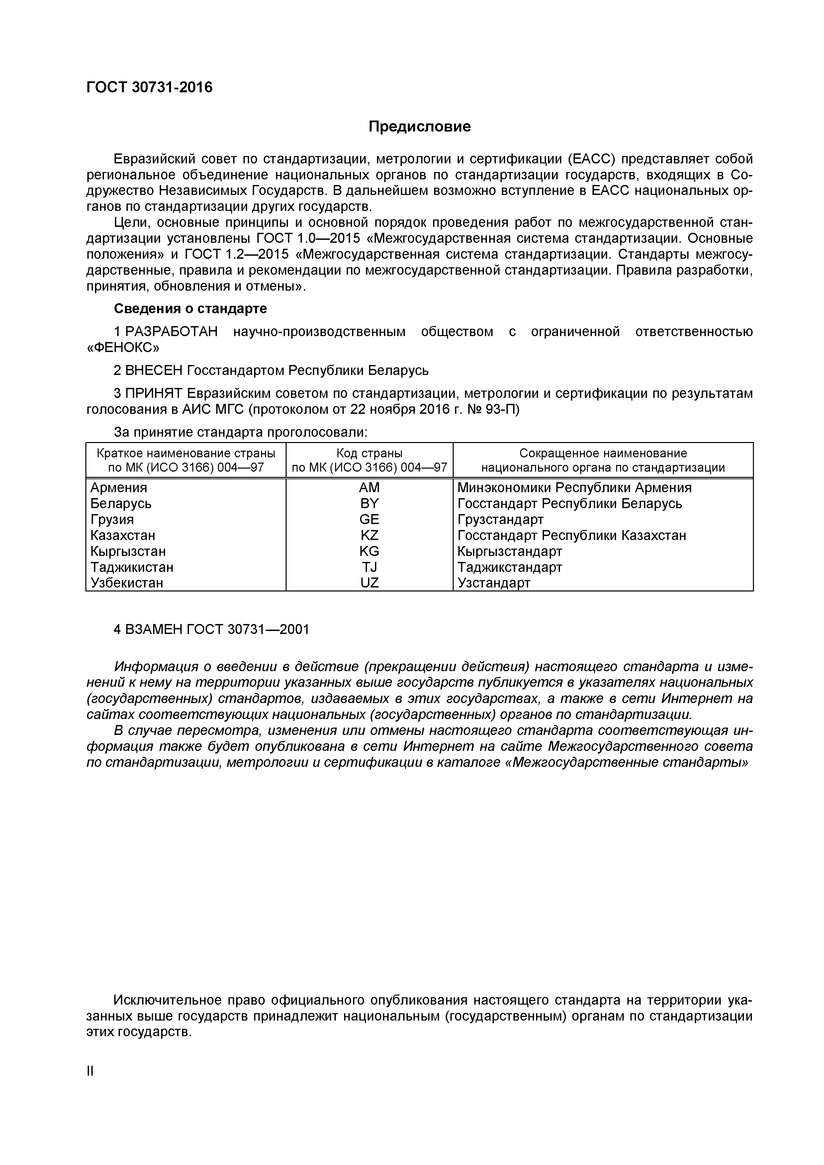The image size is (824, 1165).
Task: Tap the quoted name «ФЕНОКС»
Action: (123, 348)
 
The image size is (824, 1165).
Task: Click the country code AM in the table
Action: (369, 488)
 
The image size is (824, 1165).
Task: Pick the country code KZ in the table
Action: (369, 535)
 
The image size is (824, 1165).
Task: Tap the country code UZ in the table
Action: (369, 583)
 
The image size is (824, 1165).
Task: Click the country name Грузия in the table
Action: (112, 520)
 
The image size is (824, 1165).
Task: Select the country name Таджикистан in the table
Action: (132, 567)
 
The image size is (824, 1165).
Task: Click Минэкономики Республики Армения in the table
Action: (574, 488)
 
